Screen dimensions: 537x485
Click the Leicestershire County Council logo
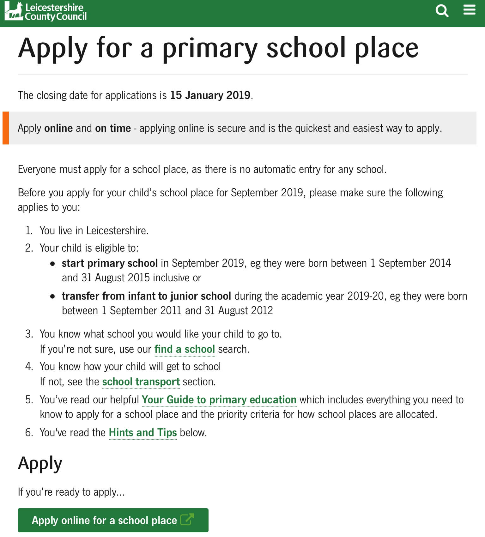point(46,12)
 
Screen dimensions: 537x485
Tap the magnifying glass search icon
point(442,11)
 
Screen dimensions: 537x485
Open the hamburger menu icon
point(469,10)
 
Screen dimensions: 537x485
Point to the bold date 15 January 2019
point(210,95)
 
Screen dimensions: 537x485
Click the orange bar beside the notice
point(6,128)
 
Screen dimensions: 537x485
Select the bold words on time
point(113,128)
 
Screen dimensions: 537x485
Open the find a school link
point(185,349)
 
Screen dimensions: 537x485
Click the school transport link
point(141,382)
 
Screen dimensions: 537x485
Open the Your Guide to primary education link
point(219,400)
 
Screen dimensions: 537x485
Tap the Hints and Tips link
point(143,433)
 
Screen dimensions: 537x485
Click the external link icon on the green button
point(187,520)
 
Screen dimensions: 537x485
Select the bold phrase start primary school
point(110,263)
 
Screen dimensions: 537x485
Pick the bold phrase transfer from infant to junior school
point(146,296)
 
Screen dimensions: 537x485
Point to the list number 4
point(29,367)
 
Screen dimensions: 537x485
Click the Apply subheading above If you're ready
point(40,464)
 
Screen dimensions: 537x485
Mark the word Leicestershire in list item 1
point(117,231)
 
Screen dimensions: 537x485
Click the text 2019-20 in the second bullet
point(365,296)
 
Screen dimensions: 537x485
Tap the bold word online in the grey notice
point(58,128)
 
